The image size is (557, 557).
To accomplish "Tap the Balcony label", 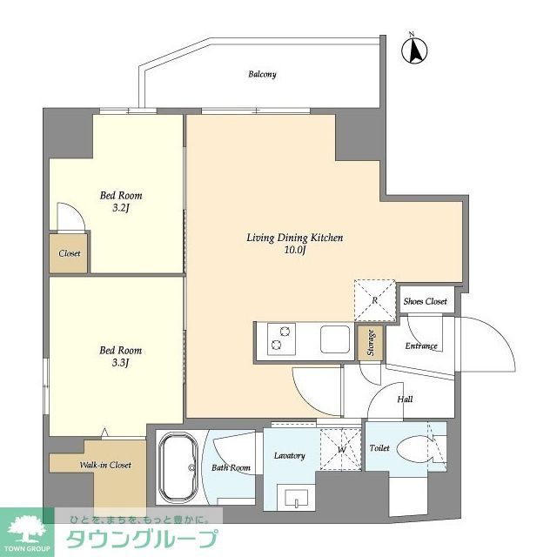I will tap(262, 75).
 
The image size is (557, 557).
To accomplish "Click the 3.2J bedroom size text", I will tap(121, 209).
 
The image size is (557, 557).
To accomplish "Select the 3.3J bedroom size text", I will tap(120, 363).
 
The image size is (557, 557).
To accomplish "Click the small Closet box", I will tap(70, 253).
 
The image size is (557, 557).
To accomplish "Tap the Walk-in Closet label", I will tap(105, 466).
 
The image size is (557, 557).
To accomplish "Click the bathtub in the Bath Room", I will tap(179, 469).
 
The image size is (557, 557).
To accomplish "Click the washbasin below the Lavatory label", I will tap(295, 500).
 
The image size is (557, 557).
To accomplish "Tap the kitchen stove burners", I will tap(281, 339).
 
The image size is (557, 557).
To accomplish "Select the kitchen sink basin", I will tap(334, 339).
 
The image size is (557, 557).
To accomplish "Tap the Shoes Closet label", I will tap(425, 302).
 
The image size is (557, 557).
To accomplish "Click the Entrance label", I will tap(420, 346).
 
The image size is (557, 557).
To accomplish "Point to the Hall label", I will tap(405, 399).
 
